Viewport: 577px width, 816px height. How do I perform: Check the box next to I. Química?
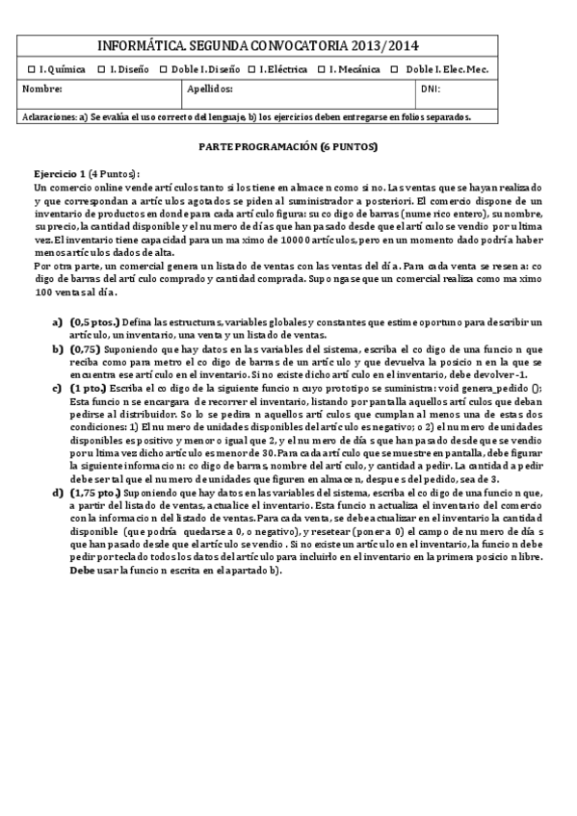coord(32,69)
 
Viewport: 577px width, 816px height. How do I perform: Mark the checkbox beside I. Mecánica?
coord(322,69)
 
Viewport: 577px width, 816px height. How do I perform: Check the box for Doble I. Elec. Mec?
coord(397,69)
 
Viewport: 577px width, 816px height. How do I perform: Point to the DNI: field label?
coord(431,89)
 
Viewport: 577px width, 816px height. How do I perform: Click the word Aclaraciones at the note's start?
coord(48,117)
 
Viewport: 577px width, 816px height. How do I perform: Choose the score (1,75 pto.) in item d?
coord(96,493)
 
